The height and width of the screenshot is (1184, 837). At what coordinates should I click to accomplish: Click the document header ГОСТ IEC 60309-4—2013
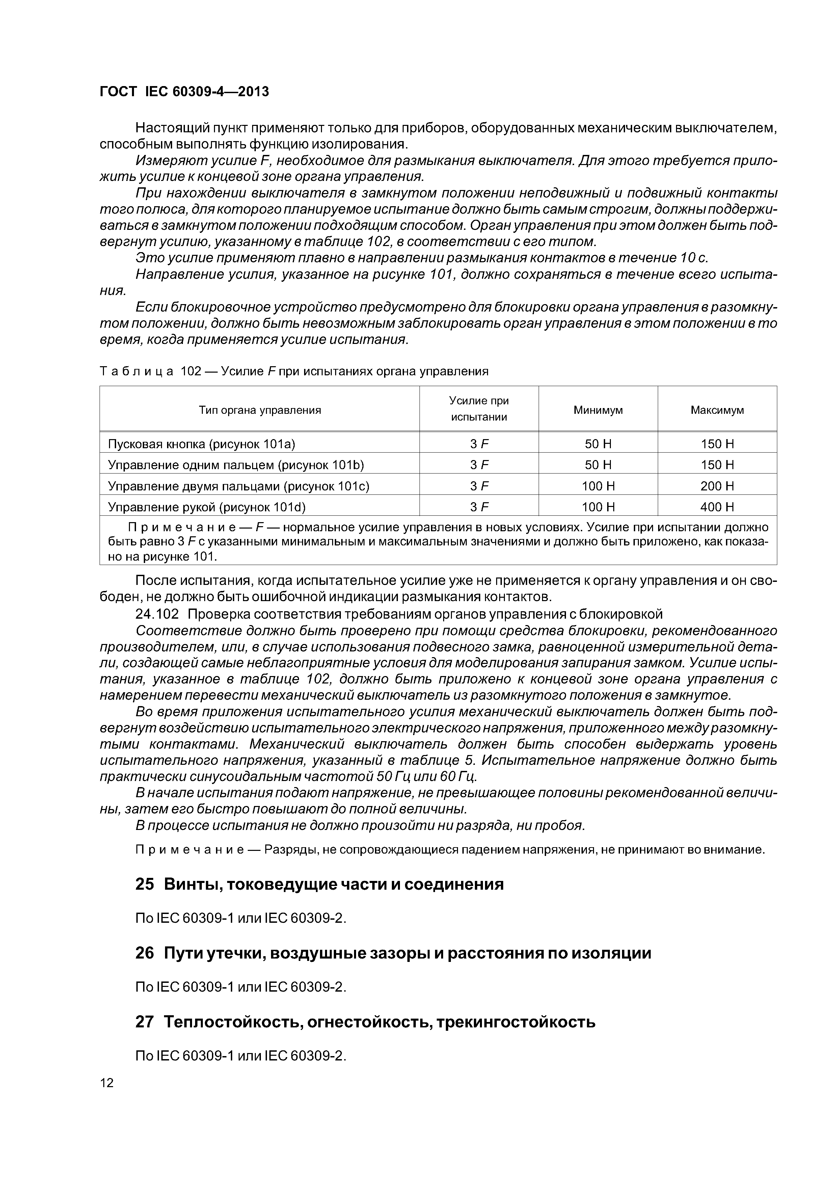point(184,92)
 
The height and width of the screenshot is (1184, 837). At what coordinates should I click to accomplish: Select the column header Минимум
point(598,410)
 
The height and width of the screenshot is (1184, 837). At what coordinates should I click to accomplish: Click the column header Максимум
point(717,410)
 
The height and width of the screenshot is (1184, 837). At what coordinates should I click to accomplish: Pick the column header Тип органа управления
point(260,410)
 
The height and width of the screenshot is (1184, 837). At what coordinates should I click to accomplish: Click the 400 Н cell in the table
point(717,507)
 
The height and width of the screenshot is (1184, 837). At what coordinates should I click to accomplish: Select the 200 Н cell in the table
point(717,486)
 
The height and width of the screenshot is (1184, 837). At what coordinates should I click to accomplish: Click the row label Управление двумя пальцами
point(238,486)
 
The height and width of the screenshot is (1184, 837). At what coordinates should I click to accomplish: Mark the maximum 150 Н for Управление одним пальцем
point(717,465)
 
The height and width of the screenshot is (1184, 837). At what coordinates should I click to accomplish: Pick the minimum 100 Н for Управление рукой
point(598,507)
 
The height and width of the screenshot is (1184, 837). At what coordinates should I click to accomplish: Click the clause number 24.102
point(157,614)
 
